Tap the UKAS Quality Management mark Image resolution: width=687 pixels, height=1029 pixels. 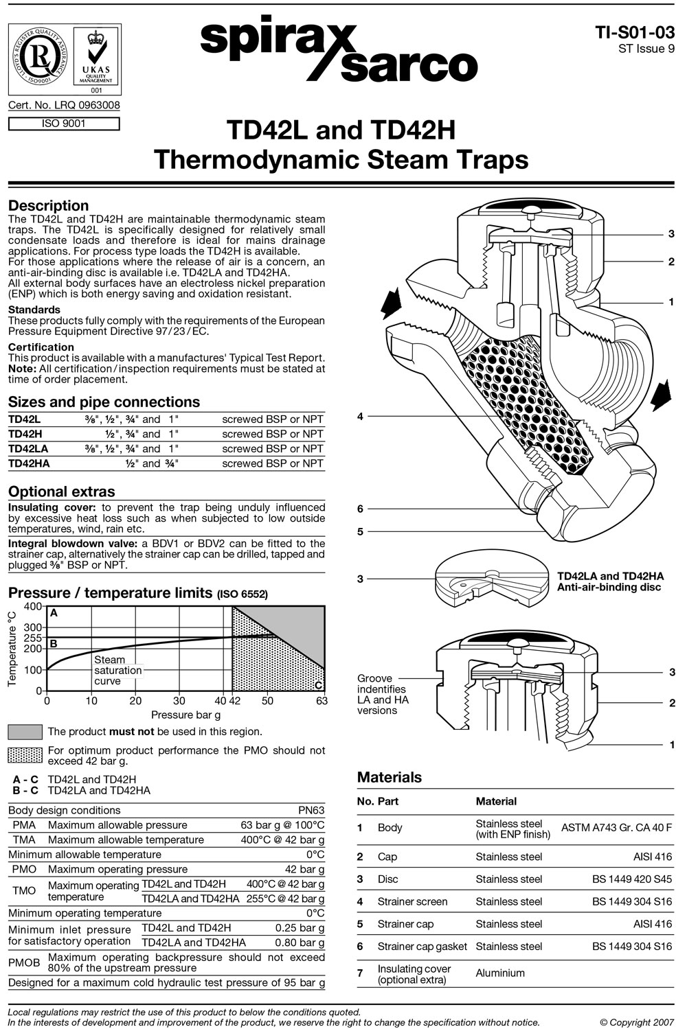point(96,58)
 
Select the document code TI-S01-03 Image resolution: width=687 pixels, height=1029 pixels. point(635,32)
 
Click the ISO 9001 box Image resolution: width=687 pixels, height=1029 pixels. point(64,124)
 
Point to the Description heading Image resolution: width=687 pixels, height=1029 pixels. point(48,206)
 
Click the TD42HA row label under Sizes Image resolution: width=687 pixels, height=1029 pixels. point(29,463)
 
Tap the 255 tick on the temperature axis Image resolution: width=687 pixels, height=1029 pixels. point(33,638)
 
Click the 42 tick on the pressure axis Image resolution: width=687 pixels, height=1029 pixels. point(234,701)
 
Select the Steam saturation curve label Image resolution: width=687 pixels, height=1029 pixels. point(117,670)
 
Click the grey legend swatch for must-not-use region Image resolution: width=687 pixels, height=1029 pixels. point(25,732)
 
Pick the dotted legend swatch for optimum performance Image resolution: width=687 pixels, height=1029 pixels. point(25,755)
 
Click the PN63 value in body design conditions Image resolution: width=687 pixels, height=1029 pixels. point(311,810)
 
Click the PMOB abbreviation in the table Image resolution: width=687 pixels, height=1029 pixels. point(24,962)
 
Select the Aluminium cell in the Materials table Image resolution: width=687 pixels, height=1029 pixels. point(499,973)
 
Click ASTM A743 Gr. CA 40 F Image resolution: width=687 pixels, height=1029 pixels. point(616,828)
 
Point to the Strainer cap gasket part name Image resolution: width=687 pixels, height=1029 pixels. point(422,947)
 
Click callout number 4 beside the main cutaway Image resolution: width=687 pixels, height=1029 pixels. point(360,417)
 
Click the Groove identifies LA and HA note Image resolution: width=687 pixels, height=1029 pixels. point(381,694)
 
